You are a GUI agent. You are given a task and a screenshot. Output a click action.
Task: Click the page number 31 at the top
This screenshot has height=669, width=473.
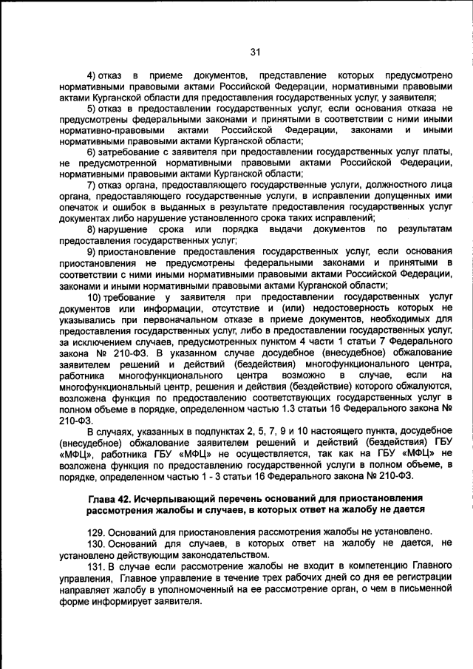click(x=256, y=52)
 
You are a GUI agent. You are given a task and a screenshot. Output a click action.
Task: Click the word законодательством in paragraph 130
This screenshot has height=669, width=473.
click(x=228, y=555)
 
